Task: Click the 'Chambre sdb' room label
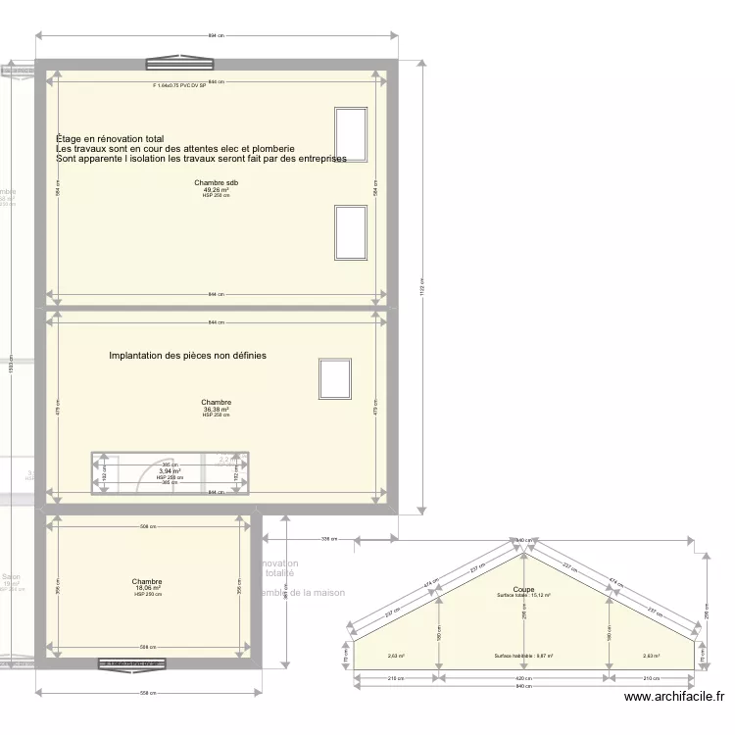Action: coord(216,183)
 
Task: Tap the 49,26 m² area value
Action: coord(216,190)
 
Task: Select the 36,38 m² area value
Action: coord(216,410)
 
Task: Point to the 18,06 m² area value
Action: coord(147,589)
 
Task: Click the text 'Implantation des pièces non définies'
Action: coord(187,356)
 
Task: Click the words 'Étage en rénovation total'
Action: coord(110,139)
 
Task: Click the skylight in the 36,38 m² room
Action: coord(334,379)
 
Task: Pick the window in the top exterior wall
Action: coord(179,65)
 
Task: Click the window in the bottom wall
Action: coord(131,664)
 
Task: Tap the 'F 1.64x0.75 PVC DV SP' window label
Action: coord(179,86)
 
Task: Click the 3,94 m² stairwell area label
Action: coord(170,471)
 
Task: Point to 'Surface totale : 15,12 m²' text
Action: coord(523,596)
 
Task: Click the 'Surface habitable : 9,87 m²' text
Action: coord(523,657)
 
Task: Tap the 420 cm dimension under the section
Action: coord(523,677)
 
